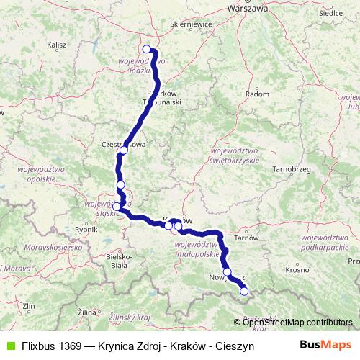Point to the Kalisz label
[56, 45]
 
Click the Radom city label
[257, 94]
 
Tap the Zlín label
[29, 306]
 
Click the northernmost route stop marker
[147, 50]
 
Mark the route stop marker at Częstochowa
[123, 150]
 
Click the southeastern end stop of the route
[243, 292]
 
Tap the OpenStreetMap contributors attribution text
[297, 323]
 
